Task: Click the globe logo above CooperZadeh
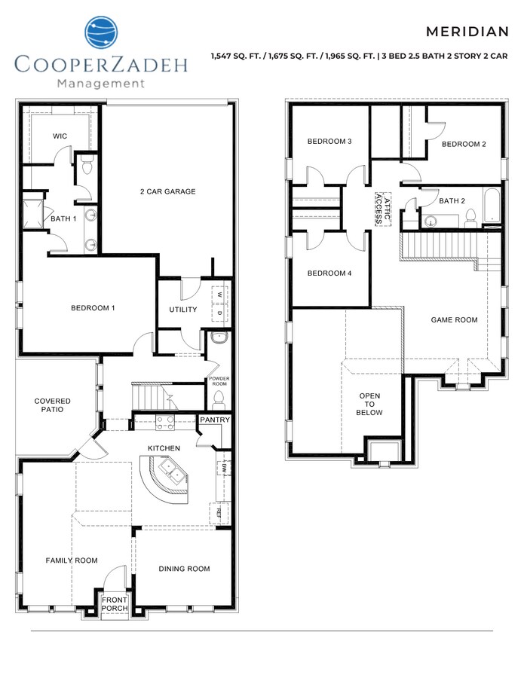pos(101,35)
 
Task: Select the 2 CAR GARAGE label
pos(167,191)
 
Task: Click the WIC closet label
pos(60,136)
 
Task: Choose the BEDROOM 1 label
pos(93,308)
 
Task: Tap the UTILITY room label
pos(182,310)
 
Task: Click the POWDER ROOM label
pos(219,380)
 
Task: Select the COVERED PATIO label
pos(53,405)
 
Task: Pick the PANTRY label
pos(214,420)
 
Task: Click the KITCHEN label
pos(164,448)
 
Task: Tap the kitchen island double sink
pos(170,475)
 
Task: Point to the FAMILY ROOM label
pos(72,560)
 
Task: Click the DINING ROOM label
pos(184,569)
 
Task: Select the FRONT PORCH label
pos(115,604)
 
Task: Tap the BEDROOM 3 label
pos(329,142)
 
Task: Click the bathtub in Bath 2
pos(492,206)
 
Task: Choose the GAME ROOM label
pos(454,319)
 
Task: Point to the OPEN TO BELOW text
pos(369,404)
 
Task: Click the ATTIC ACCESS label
pos(383,208)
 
